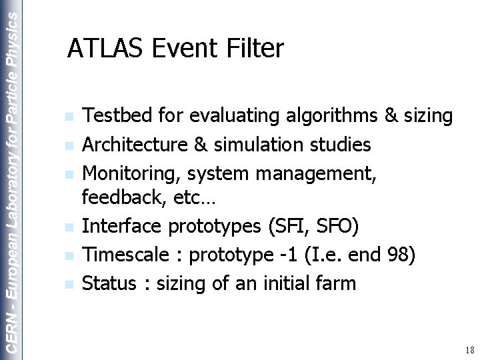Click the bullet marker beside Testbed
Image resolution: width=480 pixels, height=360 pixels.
[69, 118]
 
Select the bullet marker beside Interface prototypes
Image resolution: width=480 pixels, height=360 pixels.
[69, 228]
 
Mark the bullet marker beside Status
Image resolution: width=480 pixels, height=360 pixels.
[69, 284]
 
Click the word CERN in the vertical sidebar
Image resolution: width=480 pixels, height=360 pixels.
[11, 331]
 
